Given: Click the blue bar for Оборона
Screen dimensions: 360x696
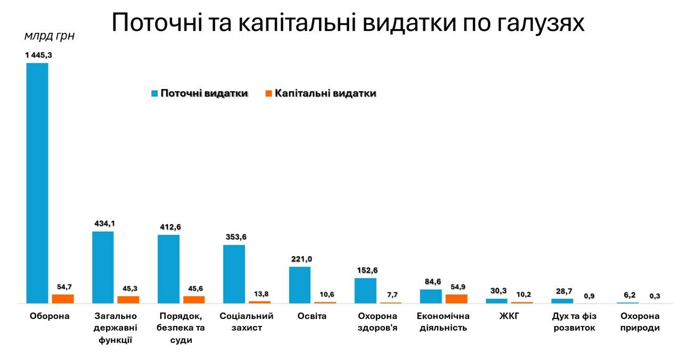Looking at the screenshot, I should click(37, 183).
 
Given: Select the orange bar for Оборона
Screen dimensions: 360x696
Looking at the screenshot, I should click(63, 299).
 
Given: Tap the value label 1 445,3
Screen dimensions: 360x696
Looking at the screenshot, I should click(38, 55).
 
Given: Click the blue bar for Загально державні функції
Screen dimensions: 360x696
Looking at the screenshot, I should click(103, 267).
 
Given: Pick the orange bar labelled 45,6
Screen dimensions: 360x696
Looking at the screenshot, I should click(194, 300).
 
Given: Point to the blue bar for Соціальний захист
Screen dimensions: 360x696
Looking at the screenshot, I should click(234, 274).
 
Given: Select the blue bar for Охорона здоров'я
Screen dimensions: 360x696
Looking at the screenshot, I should click(365, 290).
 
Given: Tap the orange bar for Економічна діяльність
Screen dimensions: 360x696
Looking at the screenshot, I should click(456, 299).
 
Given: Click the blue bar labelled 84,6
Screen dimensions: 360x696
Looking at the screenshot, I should click(431, 296).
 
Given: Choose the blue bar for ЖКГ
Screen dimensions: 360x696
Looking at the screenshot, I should click(496, 301).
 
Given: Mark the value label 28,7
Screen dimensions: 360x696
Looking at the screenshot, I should click(562, 291).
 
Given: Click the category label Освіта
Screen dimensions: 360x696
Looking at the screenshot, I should click(312, 316).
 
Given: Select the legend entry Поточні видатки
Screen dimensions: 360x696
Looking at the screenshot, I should click(204, 94).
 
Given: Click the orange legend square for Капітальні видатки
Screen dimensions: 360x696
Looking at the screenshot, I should click(269, 94).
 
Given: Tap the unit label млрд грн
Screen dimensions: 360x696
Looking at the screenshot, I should click(50, 36).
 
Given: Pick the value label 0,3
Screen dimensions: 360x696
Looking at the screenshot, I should click(655, 296).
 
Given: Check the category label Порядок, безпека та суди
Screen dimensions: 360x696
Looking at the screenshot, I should click(181, 328).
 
